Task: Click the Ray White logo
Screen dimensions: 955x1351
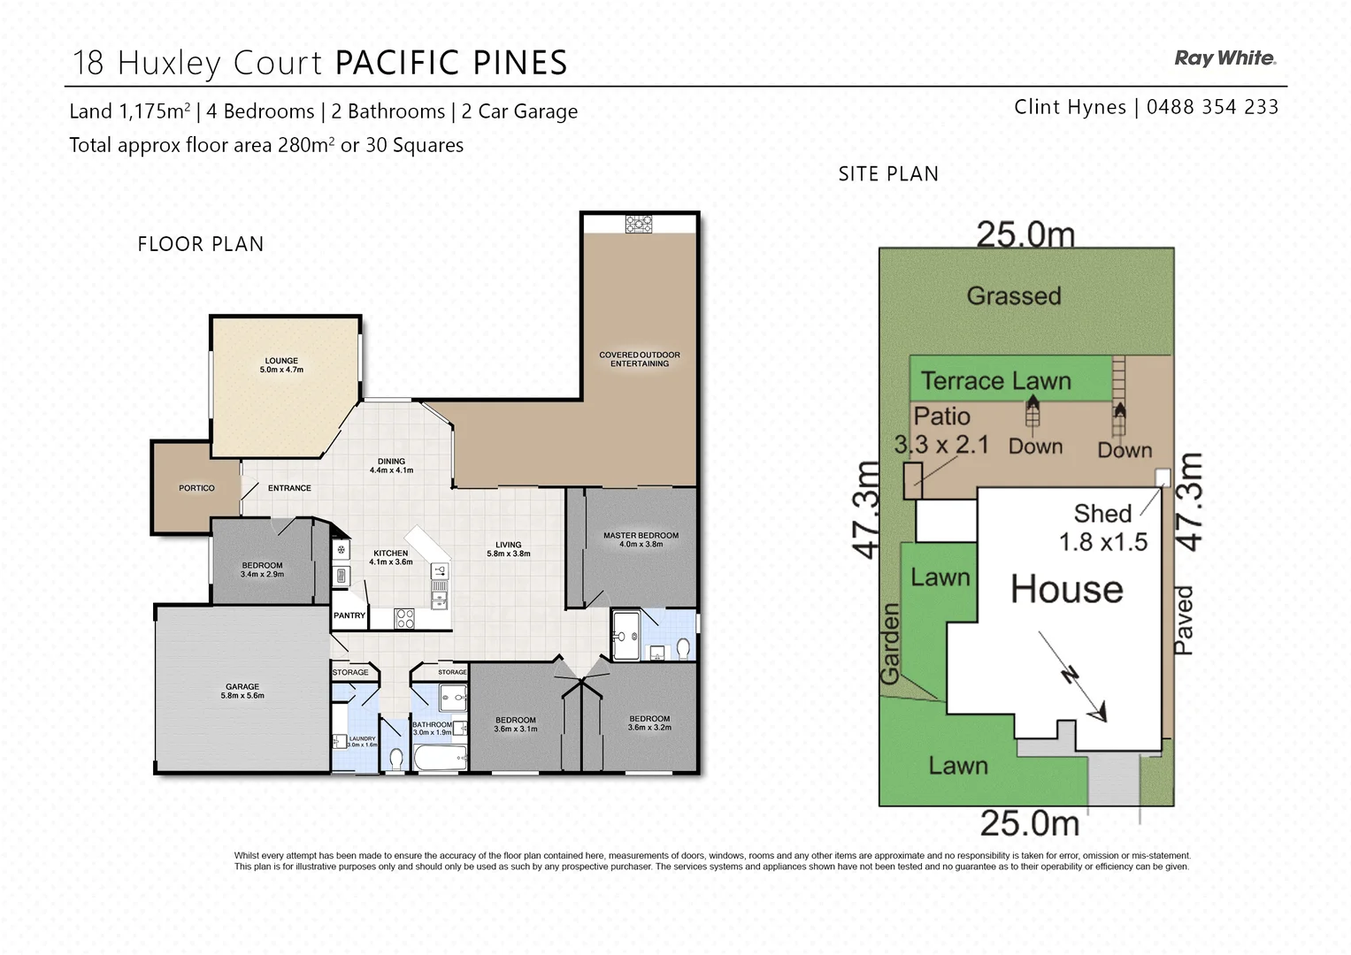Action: (x=1224, y=58)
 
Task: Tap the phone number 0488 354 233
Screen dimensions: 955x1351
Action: (x=1212, y=107)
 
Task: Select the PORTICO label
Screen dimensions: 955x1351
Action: (x=196, y=488)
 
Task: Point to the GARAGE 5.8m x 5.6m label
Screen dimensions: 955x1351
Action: (x=242, y=691)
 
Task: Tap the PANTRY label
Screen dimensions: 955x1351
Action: (x=349, y=615)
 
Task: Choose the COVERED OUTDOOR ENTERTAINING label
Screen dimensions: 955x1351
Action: (x=640, y=359)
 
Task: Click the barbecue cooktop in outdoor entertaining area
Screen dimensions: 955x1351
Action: (x=638, y=224)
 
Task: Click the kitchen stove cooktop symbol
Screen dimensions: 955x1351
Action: (x=404, y=619)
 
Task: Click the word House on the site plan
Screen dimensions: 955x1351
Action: (x=1067, y=589)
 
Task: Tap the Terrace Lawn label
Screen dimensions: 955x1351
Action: (x=995, y=381)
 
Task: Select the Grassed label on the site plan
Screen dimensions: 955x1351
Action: (x=1013, y=295)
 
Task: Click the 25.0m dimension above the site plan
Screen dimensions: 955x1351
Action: (x=1025, y=235)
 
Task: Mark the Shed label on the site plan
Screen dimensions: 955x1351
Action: (x=1102, y=514)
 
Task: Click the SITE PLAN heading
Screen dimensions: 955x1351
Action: (x=888, y=174)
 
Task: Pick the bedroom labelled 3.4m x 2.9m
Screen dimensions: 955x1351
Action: (x=262, y=569)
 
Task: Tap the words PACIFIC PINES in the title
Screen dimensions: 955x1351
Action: (x=451, y=63)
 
